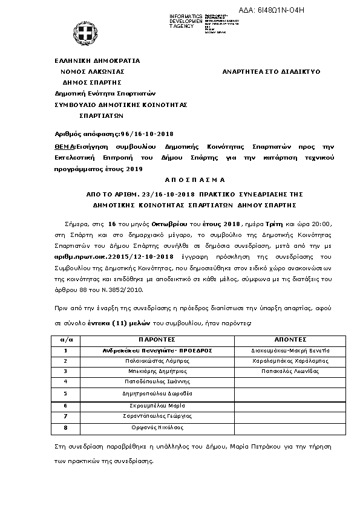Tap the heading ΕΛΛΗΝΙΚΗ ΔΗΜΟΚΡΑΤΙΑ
tap(97, 60)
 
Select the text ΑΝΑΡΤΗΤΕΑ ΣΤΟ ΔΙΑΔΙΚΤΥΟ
tap(272, 71)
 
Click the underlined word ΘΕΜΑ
tap(64, 147)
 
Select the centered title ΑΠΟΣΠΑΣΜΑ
tap(194, 180)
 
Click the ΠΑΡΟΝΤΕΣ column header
tap(157, 340)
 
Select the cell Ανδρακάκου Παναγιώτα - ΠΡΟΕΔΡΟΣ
tap(157, 350)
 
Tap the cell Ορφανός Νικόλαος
tap(157, 427)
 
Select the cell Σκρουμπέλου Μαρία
tap(157, 406)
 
